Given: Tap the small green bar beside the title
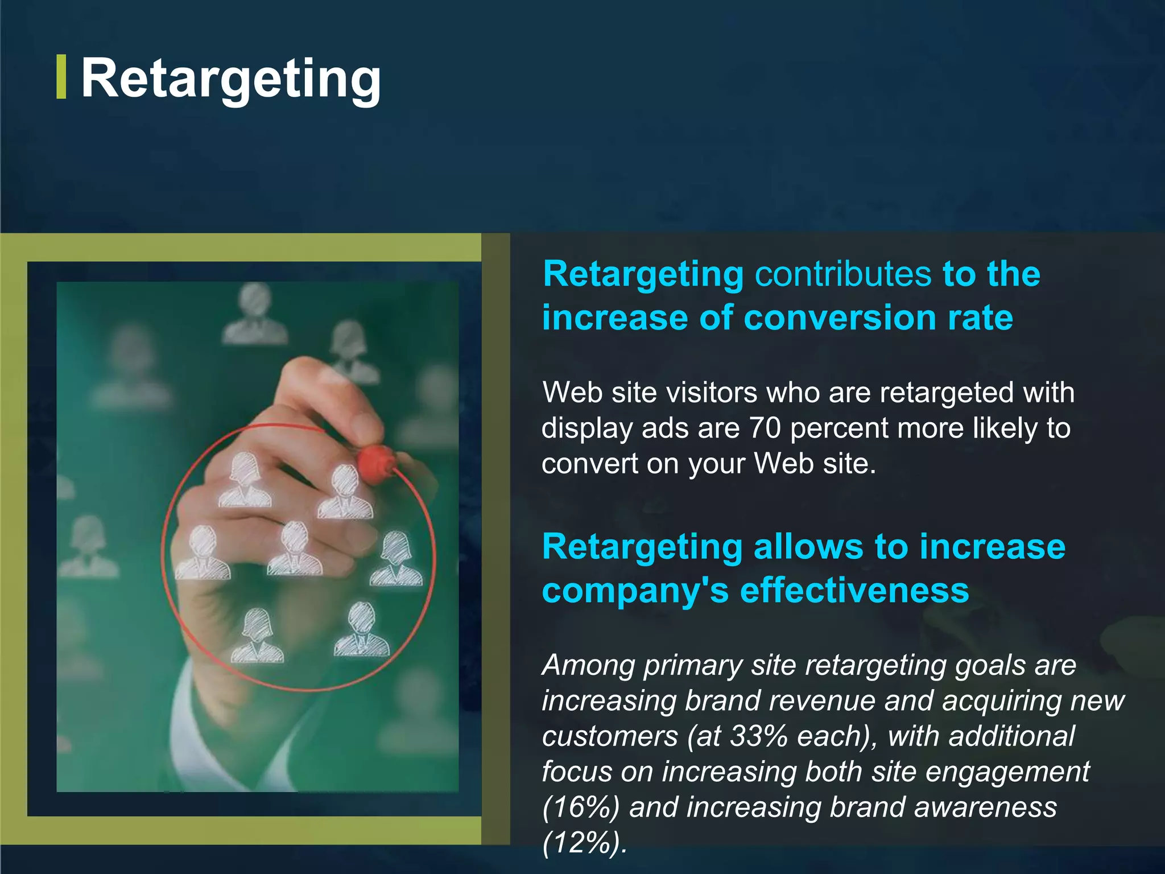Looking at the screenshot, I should click(x=61, y=77).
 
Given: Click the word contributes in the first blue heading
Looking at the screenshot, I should click(x=842, y=274).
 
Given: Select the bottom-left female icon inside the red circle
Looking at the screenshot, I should click(x=257, y=636).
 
